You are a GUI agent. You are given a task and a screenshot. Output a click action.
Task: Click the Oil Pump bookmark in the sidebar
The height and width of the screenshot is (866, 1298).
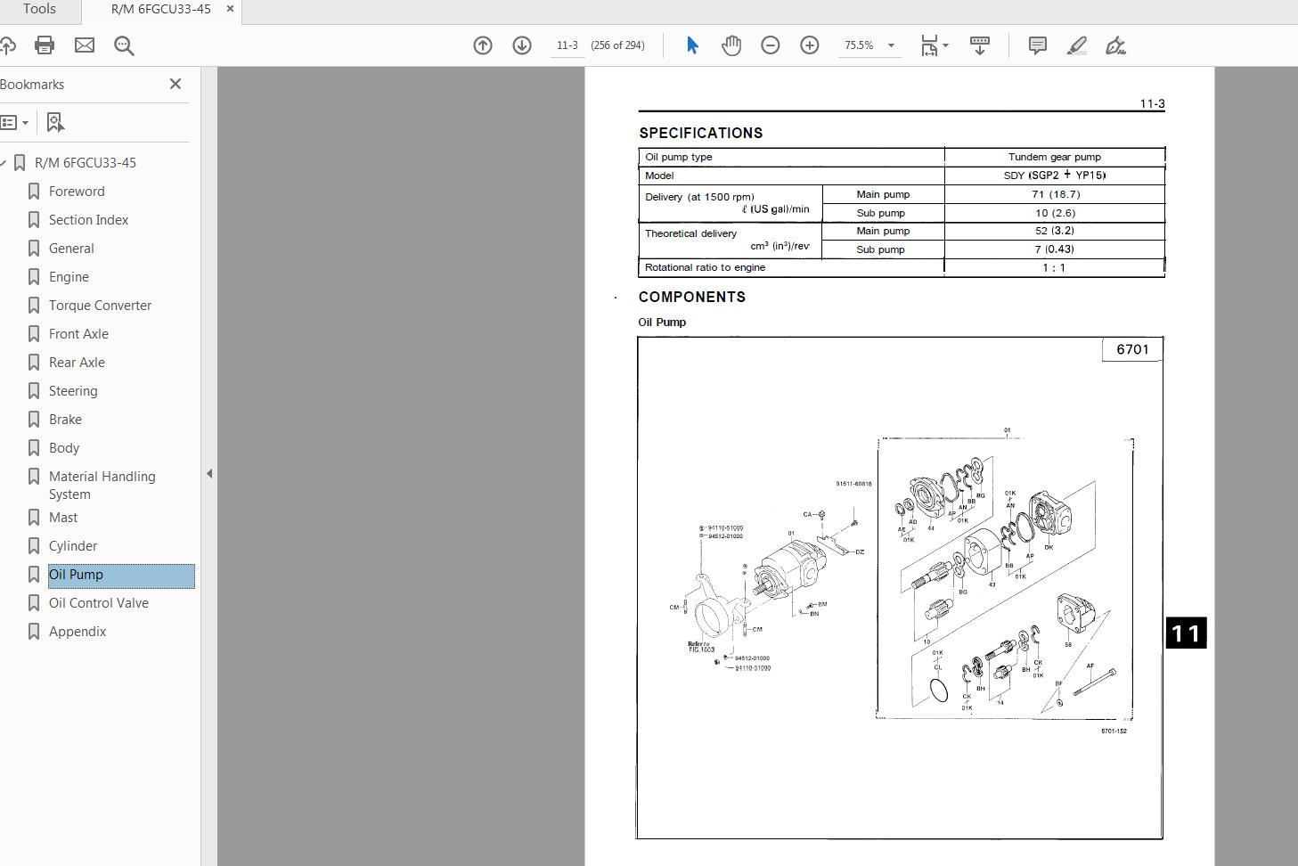(x=77, y=575)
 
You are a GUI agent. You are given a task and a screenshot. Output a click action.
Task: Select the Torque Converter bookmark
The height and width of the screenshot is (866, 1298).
(x=100, y=306)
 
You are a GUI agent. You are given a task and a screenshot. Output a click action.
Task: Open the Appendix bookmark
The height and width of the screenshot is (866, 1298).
(x=78, y=632)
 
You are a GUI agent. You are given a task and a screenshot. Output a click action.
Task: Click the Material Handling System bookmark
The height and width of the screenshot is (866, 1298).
(x=102, y=486)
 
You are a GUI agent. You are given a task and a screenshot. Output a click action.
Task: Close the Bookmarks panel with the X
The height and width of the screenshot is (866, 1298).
(x=176, y=84)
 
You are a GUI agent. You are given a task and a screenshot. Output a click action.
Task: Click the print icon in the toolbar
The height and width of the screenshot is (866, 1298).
(x=45, y=45)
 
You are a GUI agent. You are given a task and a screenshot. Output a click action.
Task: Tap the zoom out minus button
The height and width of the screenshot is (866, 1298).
(x=771, y=45)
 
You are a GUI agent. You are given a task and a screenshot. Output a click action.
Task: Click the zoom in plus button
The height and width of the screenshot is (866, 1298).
(x=810, y=45)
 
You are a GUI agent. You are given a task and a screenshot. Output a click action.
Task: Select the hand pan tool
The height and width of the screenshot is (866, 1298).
(x=731, y=45)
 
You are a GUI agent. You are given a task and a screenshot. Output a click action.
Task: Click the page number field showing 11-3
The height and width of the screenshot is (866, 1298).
(x=567, y=45)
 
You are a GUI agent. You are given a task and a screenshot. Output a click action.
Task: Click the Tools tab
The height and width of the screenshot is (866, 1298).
(x=39, y=9)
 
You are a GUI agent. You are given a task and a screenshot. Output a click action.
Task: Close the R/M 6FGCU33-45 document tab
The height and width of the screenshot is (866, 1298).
(x=231, y=9)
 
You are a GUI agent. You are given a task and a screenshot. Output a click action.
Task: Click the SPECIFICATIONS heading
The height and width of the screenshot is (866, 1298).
(x=700, y=133)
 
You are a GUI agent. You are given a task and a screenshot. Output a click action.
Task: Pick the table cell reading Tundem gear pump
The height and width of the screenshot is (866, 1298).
(x=1054, y=157)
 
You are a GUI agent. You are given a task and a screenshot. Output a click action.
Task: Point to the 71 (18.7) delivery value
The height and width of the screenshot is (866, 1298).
(x=1055, y=194)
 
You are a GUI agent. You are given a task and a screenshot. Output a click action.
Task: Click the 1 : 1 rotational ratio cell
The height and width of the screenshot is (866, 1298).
(x=1054, y=267)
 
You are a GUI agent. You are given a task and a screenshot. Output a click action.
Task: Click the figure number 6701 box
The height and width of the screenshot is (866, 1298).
(x=1132, y=349)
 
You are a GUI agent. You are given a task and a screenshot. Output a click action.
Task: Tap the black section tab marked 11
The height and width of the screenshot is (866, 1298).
(x=1186, y=633)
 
